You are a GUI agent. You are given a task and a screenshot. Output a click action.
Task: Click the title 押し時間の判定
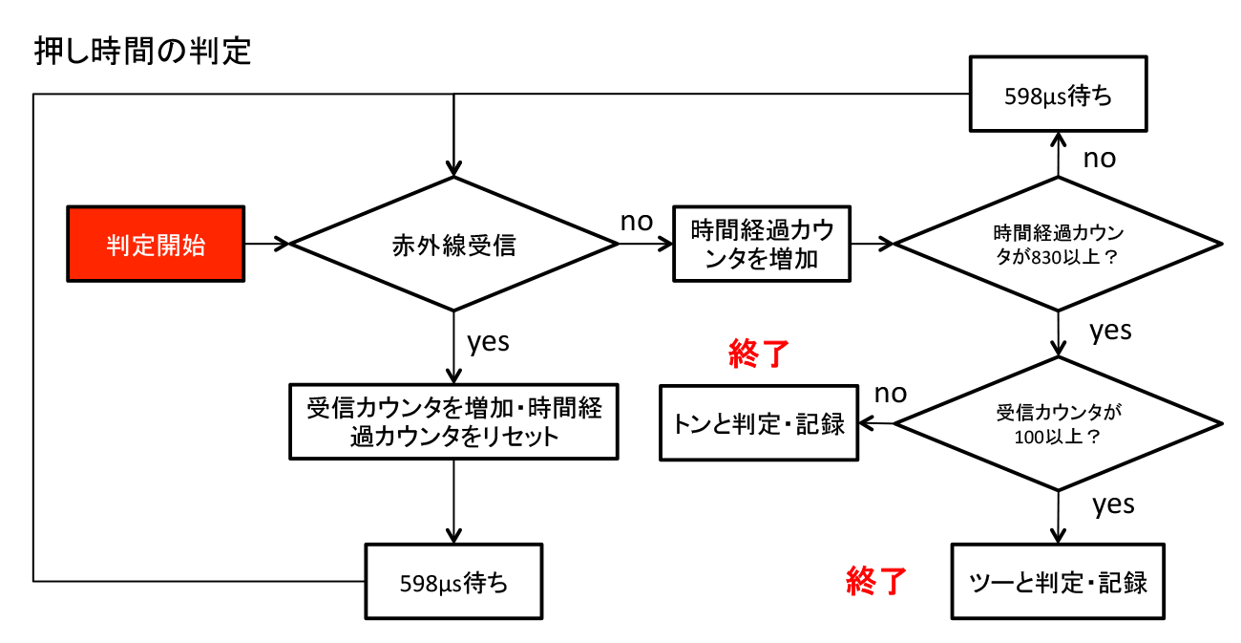click(143, 50)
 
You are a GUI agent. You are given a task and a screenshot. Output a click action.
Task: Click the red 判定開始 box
click(156, 245)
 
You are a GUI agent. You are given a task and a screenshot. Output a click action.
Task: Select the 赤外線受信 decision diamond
click(453, 245)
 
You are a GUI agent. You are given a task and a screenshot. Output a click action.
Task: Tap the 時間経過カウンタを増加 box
click(761, 245)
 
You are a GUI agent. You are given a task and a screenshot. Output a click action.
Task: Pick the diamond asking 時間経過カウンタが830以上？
click(1058, 245)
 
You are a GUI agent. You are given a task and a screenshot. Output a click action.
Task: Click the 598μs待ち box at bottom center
click(453, 582)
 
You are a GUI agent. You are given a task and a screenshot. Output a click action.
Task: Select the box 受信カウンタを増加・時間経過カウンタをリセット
click(453, 421)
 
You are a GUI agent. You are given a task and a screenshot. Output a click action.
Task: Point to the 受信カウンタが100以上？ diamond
click(1058, 423)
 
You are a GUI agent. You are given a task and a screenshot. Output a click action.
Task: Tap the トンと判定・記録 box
click(760, 423)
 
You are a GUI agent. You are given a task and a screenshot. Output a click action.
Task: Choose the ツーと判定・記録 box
click(1058, 581)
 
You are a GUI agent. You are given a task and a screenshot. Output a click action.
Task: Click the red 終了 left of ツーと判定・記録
click(876, 580)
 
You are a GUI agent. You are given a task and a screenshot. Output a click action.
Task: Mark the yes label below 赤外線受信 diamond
click(488, 341)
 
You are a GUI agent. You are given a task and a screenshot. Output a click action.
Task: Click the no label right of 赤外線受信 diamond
click(637, 222)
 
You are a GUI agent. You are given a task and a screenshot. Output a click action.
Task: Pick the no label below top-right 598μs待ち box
click(1099, 158)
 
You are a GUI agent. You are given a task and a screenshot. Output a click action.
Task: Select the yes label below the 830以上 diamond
click(1110, 331)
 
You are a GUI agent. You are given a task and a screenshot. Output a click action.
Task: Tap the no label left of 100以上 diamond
click(891, 393)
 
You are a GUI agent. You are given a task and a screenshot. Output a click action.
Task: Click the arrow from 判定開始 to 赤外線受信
click(266, 245)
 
